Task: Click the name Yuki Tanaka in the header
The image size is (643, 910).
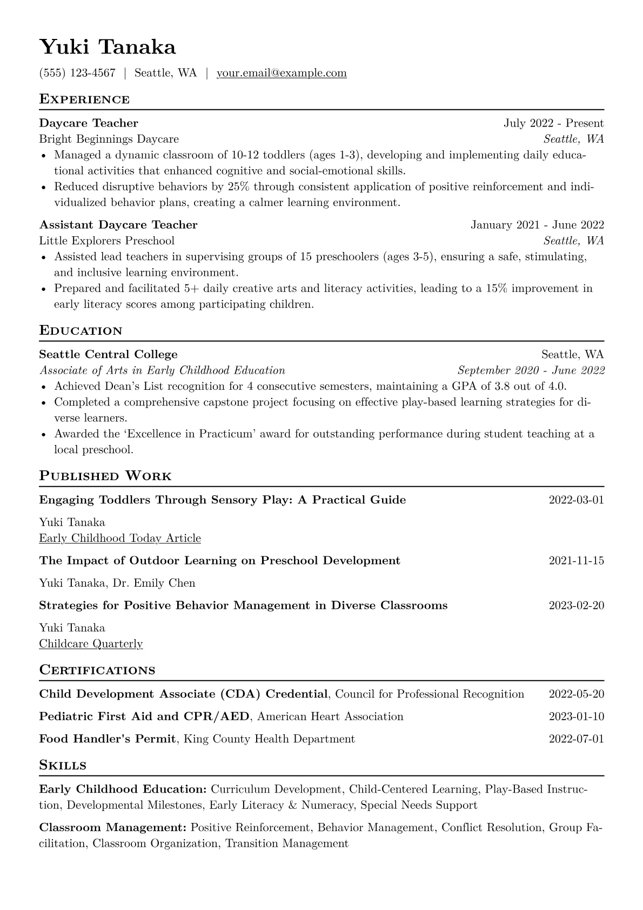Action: click(x=108, y=48)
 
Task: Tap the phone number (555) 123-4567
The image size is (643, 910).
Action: click(x=77, y=73)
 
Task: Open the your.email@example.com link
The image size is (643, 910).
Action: click(x=282, y=73)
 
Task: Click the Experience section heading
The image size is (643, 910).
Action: click(x=84, y=99)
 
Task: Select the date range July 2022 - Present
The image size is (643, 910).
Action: click(x=553, y=123)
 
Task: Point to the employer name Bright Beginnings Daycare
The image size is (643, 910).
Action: click(x=109, y=139)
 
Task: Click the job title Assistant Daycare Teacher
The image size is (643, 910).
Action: click(x=118, y=225)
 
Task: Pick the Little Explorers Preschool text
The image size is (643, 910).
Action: click(x=107, y=241)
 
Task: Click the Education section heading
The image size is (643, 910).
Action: click(x=81, y=331)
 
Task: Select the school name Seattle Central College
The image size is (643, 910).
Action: click(x=108, y=355)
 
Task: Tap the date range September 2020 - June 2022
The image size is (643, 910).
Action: click(x=531, y=370)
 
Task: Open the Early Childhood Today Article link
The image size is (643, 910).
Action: click(x=120, y=539)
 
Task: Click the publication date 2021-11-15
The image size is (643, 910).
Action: click(x=576, y=561)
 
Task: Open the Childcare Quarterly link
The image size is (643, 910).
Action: click(x=91, y=644)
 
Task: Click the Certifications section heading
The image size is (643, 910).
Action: click(x=97, y=670)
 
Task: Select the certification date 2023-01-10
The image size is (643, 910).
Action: click(x=576, y=717)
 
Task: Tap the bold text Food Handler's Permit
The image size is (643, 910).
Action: click(x=108, y=739)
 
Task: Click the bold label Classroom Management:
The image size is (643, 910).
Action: click(x=113, y=828)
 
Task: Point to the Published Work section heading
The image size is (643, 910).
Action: click(x=105, y=476)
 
